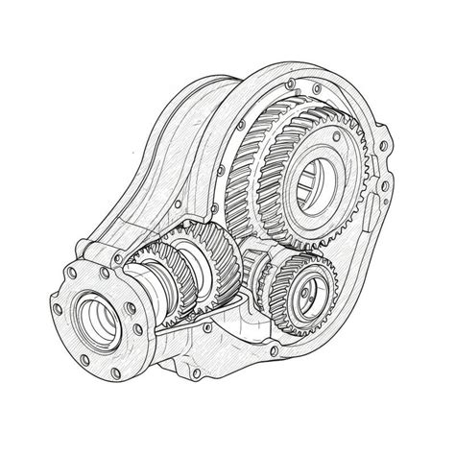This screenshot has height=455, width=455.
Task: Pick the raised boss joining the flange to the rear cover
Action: [91, 254]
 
